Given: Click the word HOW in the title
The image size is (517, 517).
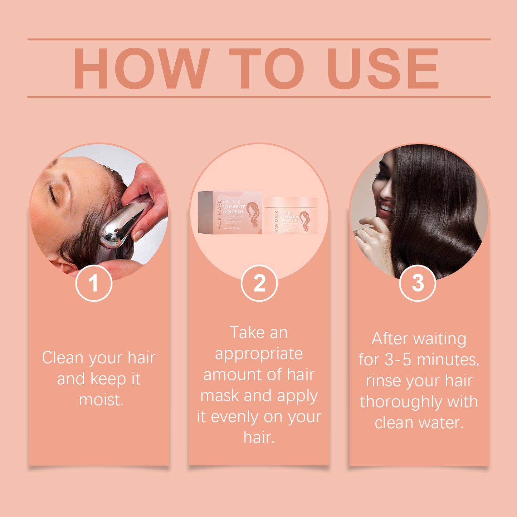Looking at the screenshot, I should pos(141,68).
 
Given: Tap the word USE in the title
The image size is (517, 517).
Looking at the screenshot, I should pos(382,68).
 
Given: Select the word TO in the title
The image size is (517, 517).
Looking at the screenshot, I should pos(267,68).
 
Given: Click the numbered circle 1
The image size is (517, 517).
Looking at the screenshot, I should pos(94,283).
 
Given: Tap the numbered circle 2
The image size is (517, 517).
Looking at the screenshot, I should pos(259,283).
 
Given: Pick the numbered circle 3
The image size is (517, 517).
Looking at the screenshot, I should pos(417,283).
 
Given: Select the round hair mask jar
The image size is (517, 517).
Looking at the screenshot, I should pos(291,215).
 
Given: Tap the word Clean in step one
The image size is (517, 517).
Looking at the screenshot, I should pos(63,358).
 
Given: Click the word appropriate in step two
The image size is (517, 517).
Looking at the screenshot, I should pos(259,354).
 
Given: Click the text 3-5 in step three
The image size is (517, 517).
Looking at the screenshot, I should pos(398,360).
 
